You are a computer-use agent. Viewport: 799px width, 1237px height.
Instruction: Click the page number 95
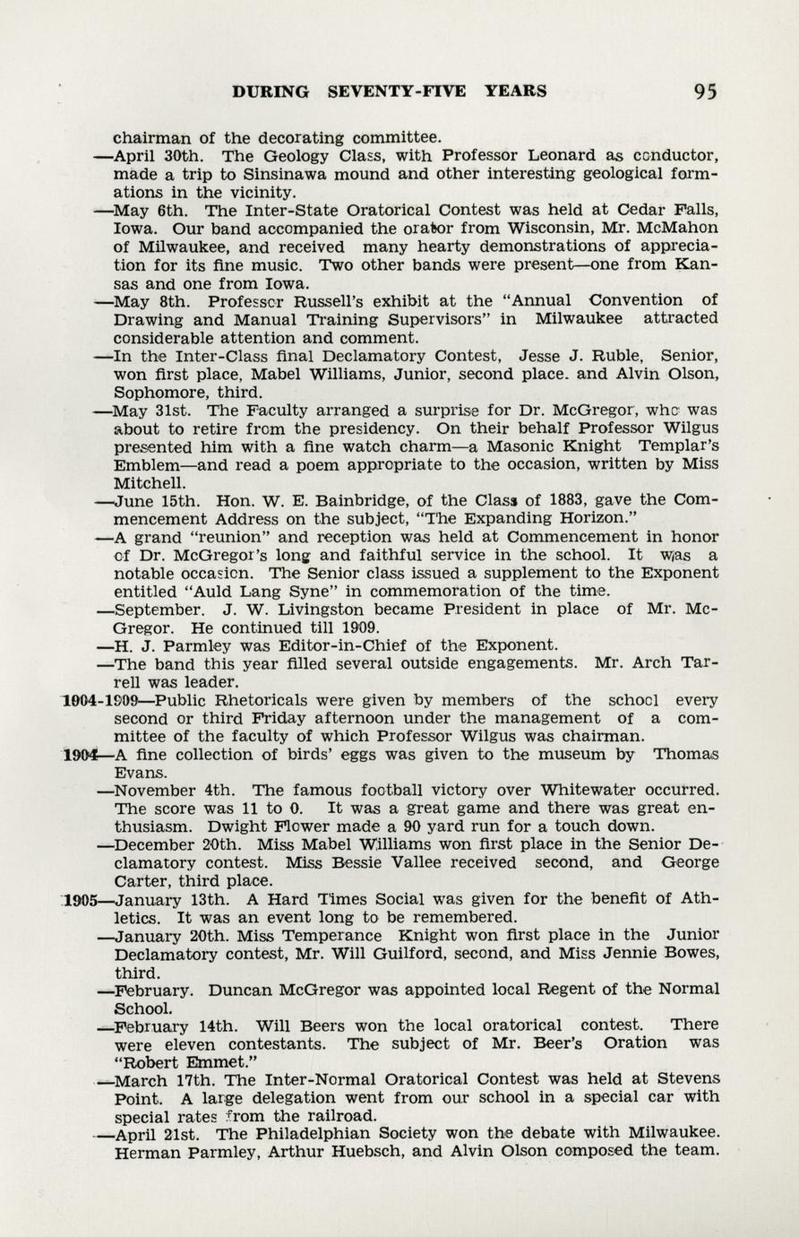pyautogui.click(x=704, y=91)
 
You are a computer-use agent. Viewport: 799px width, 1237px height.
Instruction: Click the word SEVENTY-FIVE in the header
pyautogui.click(x=399, y=91)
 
